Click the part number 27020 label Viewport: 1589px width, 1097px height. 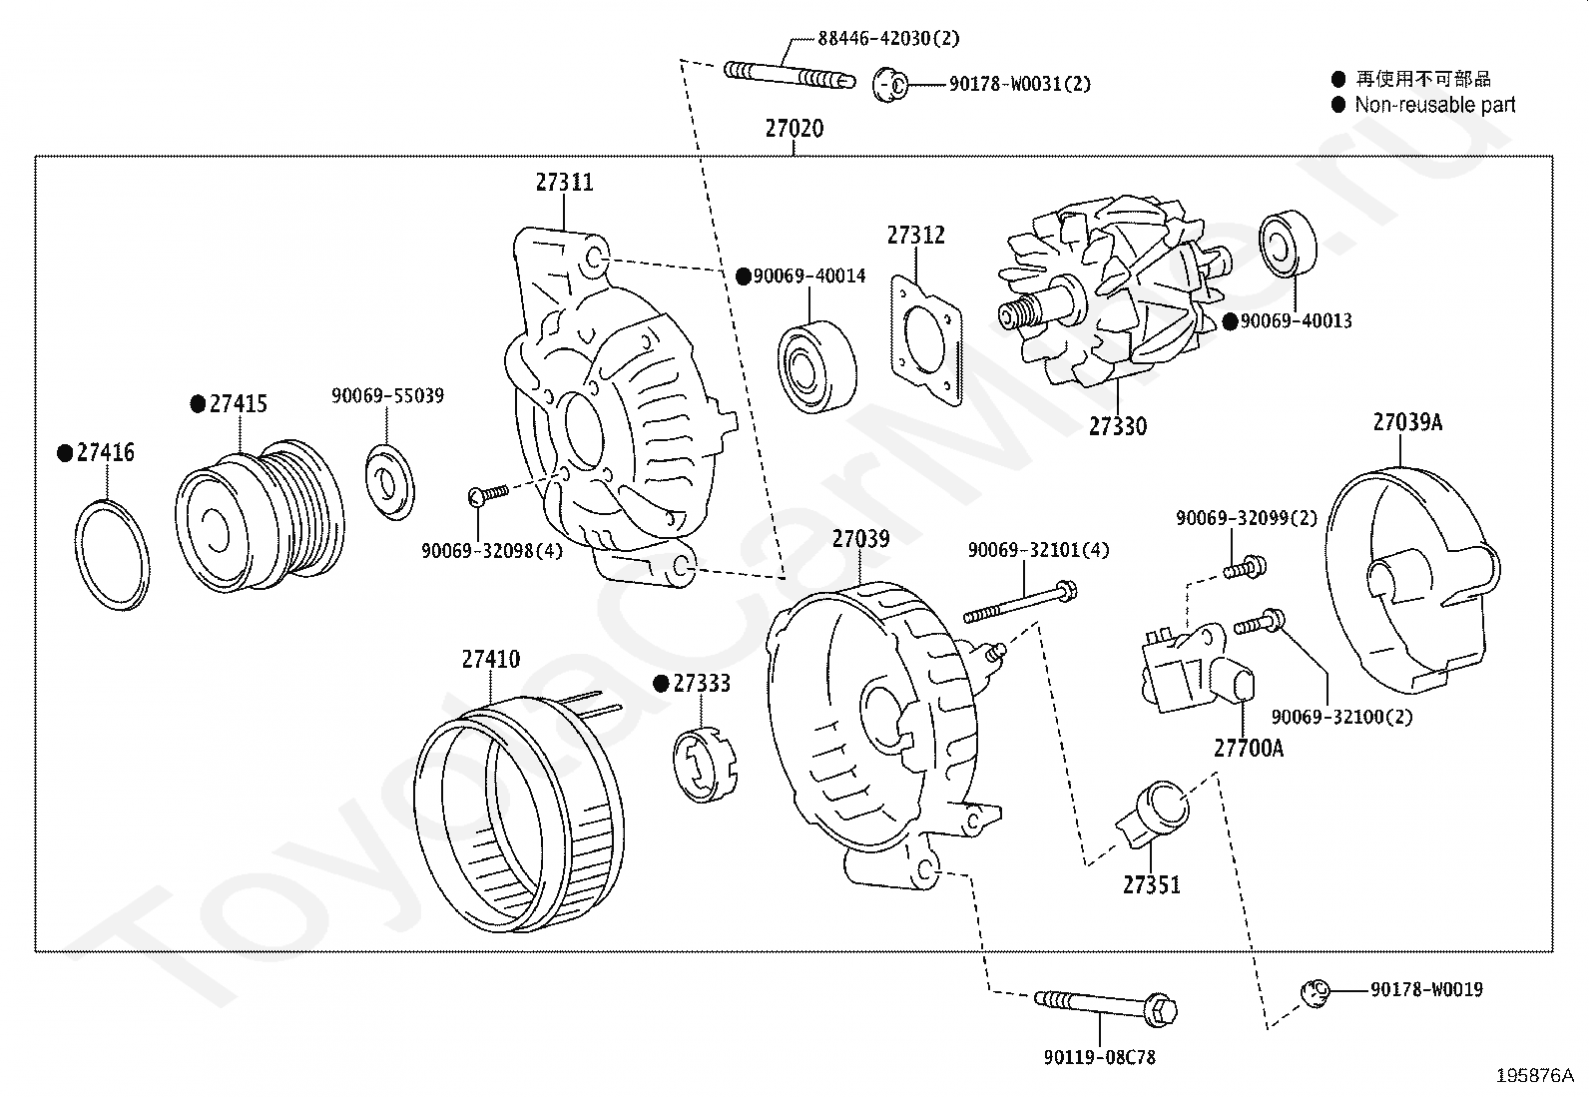tap(794, 129)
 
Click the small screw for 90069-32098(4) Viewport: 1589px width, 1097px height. tap(487, 491)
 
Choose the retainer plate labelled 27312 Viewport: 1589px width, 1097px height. tap(927, 338)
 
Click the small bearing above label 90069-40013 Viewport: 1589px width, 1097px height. tap(1289, 243)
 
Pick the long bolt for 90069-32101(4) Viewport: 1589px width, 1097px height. tap(1019, 601)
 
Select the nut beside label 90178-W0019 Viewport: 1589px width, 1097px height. tap(1316, 991)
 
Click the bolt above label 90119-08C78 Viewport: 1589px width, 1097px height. tap(1107, 1002)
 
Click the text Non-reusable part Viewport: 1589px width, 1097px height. tap(1434, 105)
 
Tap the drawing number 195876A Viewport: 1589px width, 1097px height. tap(1534, 1075)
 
